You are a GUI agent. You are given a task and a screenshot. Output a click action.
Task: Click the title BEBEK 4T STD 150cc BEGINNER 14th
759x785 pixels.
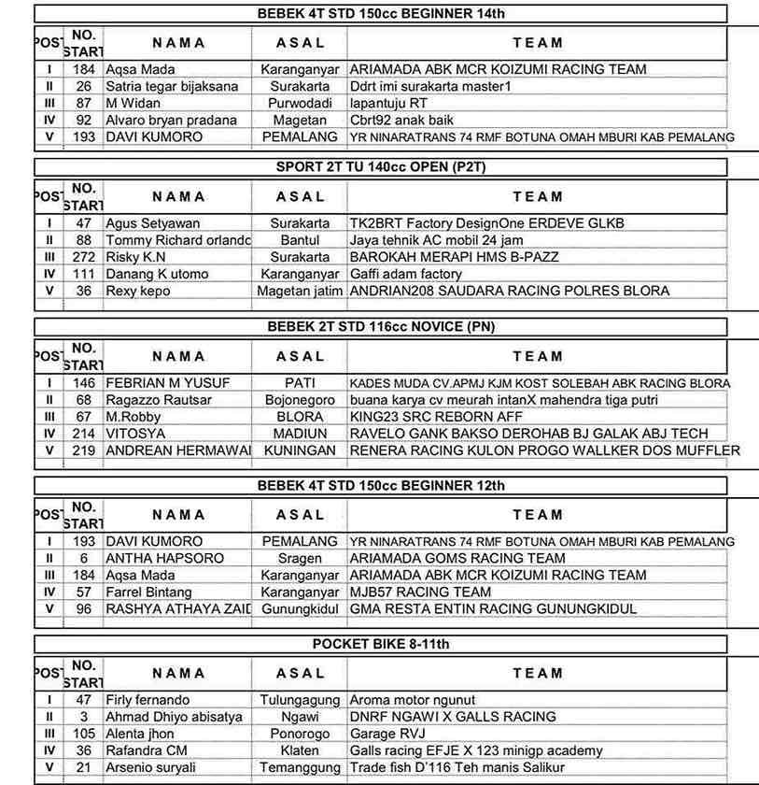point(382,14)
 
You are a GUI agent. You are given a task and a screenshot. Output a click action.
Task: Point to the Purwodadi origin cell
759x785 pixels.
point(300,103)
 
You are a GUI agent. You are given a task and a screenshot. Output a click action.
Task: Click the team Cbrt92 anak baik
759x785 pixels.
point(402,120)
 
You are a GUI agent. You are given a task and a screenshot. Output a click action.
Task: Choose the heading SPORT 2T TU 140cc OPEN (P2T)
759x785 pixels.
point(382,168)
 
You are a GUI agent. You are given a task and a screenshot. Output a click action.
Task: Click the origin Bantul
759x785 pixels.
point(300,240)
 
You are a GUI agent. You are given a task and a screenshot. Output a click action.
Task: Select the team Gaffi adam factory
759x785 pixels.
point(406,274)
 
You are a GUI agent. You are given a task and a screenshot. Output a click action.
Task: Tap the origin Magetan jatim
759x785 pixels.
point(300,291)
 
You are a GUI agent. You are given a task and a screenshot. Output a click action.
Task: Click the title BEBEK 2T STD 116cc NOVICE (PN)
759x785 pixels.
point(382,327)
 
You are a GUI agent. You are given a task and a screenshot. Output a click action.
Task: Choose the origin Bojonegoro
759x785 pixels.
point(300,400)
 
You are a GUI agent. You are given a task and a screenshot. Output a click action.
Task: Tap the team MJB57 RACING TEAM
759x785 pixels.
point(420,592)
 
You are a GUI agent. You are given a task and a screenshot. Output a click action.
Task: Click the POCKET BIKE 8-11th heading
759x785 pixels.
point(382,645)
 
